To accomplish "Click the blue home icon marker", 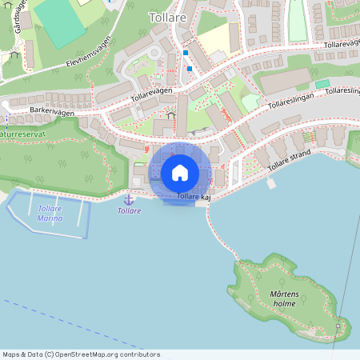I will tap(180, 172).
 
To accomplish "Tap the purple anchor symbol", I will tap(128, 198).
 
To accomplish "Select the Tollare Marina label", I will tap(50, 214).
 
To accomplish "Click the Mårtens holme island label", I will tap(284, 299).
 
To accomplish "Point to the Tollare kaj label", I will tap(194, 196).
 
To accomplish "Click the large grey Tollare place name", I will tap(167, 16).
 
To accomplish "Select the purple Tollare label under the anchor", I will tap(129, 211).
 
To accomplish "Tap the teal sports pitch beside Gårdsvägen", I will tap(60, 20).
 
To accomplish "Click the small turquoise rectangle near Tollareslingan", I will tap(322, 84).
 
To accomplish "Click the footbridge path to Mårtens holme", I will tap(220, 236).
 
